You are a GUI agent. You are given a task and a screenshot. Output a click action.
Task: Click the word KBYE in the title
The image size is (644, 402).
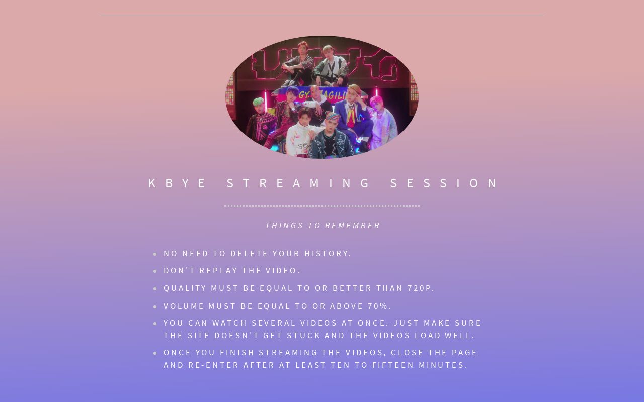pyautogui.click(x=177, y=183)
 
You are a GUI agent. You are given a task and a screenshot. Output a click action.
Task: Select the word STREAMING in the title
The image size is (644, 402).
pyautogui.click(x=299, y=183)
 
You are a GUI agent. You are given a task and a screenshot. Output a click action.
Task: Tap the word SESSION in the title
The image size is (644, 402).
pyautogui.click(x=445, y=183)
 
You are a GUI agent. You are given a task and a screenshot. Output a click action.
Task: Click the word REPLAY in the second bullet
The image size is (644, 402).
pyautogui.click(x=218, y=271)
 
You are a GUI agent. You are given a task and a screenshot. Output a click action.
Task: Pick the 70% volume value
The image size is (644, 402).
pyautogui.click(x=379, y=306)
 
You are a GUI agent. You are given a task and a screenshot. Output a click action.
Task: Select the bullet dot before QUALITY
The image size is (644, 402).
pyautogui.click(x=155, y=289)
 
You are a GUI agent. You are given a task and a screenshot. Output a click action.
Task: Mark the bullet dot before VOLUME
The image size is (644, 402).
pyautogui.click(x=155, y=307)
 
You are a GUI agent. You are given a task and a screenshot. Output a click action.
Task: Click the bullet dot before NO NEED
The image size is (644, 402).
pyautogui.click(x=155, y=254)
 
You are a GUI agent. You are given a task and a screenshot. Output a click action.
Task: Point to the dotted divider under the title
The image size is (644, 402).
pyautogui.click(x=322, y=206)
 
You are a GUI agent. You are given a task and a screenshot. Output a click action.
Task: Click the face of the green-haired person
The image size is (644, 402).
pyautogui.click(x=259, y=105)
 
